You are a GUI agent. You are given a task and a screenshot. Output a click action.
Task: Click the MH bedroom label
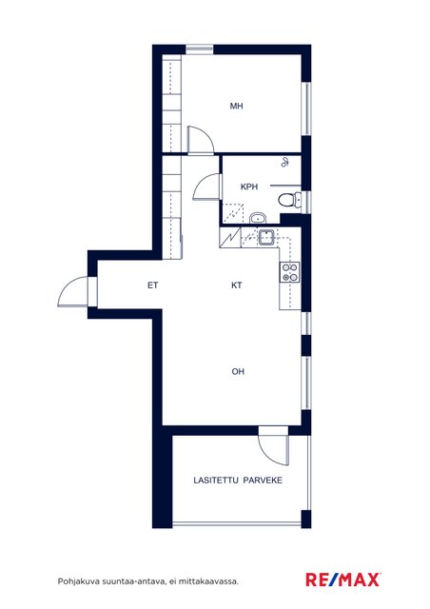[x=236, y=106]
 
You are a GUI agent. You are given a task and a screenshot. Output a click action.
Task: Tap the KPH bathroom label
[x=249, y=187]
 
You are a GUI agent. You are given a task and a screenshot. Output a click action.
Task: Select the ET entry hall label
[x=152, y=285]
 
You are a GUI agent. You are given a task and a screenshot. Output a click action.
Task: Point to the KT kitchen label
[x=237, y=285]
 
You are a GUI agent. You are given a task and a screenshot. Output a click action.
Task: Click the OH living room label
[x=238, y=372]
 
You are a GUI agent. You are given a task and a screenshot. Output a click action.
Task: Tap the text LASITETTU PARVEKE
[x=238, y=481]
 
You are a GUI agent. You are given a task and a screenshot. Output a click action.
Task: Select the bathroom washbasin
[x=257, y=218]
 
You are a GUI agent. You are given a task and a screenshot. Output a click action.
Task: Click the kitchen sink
[x=267, y=237]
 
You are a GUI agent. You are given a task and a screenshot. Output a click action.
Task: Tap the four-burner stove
[x=290, y=272]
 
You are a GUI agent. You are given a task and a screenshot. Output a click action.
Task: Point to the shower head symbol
[x=284, y=163]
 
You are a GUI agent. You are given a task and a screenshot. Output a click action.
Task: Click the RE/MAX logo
[x=342, y=580]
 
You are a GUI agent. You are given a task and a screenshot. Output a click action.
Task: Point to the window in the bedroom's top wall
[x=200, y=49]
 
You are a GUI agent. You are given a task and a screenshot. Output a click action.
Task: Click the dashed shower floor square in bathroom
[x=232, y=213]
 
